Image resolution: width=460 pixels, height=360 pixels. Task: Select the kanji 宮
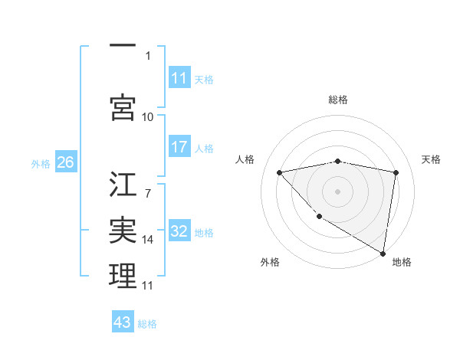[123, 106]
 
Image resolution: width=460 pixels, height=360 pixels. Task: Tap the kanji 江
[123, 185]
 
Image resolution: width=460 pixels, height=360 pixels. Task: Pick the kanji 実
[123, 231]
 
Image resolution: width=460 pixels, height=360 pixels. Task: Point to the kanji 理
[123, 276]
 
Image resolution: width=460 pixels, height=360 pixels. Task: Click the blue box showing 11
[179, 78]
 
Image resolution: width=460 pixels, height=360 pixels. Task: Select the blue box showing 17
[179, 147]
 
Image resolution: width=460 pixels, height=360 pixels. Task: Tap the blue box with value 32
[179, 231]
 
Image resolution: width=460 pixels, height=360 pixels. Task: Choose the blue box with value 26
[65, 162]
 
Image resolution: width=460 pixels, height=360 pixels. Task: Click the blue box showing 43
[123, 322]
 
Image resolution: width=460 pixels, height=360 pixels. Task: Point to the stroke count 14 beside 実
[148, 240]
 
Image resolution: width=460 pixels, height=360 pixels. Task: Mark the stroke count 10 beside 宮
[148, 116]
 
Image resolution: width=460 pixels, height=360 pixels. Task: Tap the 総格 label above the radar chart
[338, 100]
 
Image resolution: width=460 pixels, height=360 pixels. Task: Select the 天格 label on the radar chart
[432, 159]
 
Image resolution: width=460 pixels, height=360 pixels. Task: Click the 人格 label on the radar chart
[245, 159]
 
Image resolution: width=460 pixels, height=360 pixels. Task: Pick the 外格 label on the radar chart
[270, 263]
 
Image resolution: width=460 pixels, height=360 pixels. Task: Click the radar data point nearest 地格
[383, 252]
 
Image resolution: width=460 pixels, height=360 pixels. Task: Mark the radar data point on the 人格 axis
[279, 172]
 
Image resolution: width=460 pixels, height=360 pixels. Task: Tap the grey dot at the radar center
[338, 191]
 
